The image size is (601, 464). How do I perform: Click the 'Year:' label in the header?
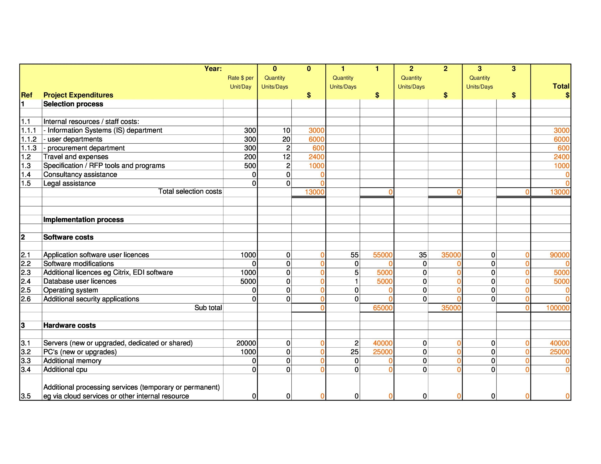(x=213, y=69)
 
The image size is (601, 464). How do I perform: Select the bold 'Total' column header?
(x=561, y=86)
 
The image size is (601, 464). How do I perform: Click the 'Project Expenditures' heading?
(x=78, y=95)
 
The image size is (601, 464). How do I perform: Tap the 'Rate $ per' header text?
(x=240, y=78)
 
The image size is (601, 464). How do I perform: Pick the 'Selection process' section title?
(x=73, y=104)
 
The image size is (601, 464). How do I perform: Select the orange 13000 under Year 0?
(x=314, y=192)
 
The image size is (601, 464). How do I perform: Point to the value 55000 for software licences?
(x=382, y=255)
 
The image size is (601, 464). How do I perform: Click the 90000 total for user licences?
(x=559, y=255)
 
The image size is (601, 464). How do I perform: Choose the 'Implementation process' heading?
(x=83, y=220)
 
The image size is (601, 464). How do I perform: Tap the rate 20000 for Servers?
(x=246, y=343)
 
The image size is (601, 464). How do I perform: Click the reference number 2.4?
(x=26, y=281)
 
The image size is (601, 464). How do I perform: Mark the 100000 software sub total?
(x=558, y=308)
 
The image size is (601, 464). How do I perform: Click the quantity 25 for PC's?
(x=354, y=352)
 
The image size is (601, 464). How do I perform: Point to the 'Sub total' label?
(x=208, y=308)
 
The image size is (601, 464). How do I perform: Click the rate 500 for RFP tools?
(x=250, y=166)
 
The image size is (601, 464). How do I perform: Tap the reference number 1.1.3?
(x=29, y=148)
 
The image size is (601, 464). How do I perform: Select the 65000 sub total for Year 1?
(x=382, y=308)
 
